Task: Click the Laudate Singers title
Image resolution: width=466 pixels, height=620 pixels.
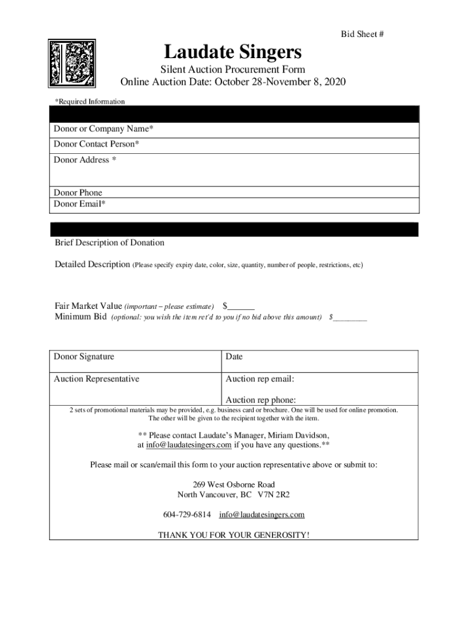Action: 233,51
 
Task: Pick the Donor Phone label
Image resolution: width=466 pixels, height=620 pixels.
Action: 78,193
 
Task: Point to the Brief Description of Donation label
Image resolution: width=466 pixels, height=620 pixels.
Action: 110,243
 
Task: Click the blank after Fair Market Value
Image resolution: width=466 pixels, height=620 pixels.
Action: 241,306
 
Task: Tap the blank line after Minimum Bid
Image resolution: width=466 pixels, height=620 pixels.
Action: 350,317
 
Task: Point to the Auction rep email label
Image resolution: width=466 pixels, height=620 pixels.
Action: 260,380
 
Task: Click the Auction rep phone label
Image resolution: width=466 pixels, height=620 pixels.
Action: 261,400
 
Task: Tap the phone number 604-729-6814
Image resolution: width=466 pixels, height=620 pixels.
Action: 187,515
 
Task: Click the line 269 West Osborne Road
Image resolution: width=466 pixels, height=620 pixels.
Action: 234,484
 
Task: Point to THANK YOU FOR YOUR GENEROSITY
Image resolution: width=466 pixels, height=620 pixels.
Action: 234,535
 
